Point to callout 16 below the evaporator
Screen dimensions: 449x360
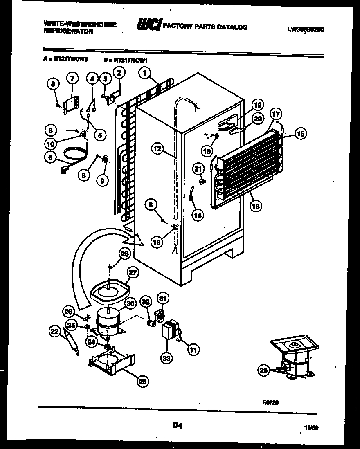(256, 207)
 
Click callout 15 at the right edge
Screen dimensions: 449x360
(301, 134)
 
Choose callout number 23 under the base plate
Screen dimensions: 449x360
(143, 382)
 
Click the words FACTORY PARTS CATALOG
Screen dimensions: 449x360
(205, 27)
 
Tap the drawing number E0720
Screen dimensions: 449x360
(271, 402)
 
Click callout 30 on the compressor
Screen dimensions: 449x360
(130, 303)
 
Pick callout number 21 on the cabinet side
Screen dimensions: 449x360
(198, 168)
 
